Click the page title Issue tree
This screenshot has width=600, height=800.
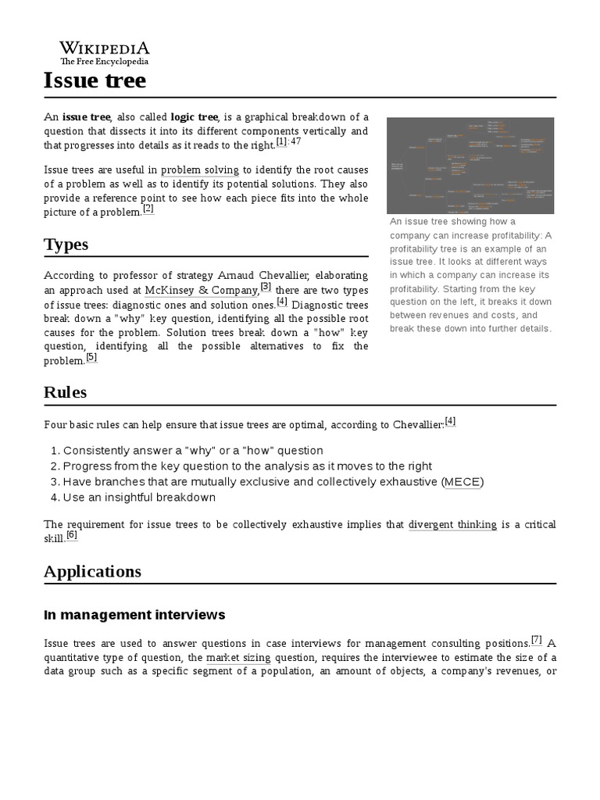[95, 80]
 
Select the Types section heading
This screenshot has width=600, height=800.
[66, 245]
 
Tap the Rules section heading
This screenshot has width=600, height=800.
[65, 392]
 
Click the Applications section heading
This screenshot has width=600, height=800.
[92, 571]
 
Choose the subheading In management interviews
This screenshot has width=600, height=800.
[134, 615]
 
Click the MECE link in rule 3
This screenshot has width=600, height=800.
[462, 482]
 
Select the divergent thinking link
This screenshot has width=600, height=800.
[452, 525]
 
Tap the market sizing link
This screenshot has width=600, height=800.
[238, 658]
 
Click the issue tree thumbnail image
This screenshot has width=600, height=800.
[470, 166]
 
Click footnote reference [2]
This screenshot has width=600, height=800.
[148, 209]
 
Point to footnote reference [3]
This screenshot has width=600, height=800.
[266, 287]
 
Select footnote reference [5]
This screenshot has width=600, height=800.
[91, 357]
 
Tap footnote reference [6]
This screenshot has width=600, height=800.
[72, 535]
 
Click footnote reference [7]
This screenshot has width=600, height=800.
[537, 639]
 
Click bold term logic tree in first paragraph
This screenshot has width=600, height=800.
[195, 116]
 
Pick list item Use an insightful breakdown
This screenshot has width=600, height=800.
[139, 498]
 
